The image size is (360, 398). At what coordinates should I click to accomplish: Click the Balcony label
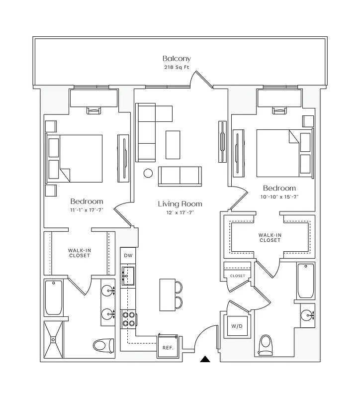coord(176,59)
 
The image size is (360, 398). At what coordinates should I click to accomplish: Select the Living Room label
coord(180,204)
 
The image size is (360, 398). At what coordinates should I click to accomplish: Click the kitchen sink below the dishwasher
coord(129,275)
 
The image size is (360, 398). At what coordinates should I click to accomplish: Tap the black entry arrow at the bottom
coord(205,359)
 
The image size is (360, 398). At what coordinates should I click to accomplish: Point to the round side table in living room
coord(148,174)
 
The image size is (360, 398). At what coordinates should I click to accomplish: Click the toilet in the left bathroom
coord(103,344)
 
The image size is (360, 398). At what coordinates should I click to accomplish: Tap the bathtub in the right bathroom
coord(305,281)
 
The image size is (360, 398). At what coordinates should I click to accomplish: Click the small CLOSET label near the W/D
coord(237,276)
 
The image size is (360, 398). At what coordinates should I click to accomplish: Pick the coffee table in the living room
coord(173,144)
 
